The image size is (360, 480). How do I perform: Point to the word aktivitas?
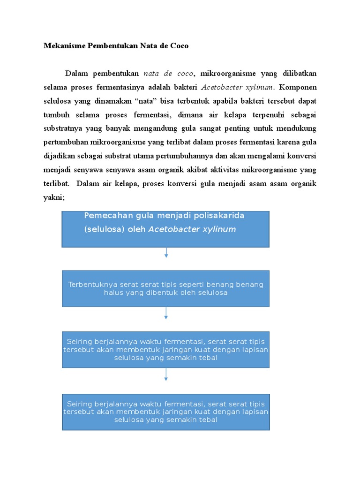[x=227, y=170]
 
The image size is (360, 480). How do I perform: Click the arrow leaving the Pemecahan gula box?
[x=166, y=253]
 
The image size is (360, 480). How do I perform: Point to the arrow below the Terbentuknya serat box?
[x=166, y=313]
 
